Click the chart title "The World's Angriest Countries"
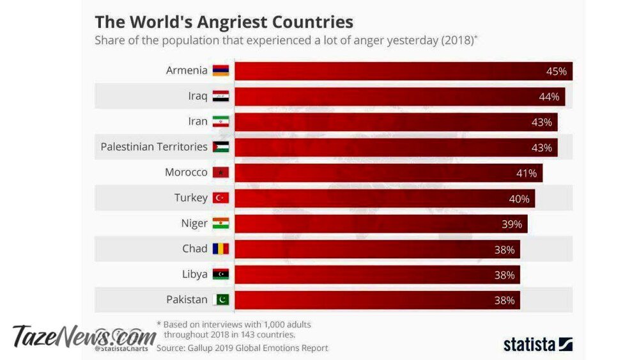point(224,22)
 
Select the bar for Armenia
point(403,71)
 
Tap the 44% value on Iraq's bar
point(549,97)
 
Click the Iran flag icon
point(220,121)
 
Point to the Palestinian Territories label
point(154,147)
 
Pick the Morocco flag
point(220,173)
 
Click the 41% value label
point(527,173)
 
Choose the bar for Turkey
point(383,198)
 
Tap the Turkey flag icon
point(220,198)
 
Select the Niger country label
point(194,223)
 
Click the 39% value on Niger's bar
point(512,224)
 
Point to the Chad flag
point(220,249)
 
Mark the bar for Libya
point(377,274)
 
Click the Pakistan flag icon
point(220,299)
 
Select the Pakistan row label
point(187,299)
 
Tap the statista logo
point(537,344)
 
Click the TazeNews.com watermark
point(83,335)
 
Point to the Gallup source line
point(242,348)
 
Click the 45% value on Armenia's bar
point(556,71)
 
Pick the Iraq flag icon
point(220,97)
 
